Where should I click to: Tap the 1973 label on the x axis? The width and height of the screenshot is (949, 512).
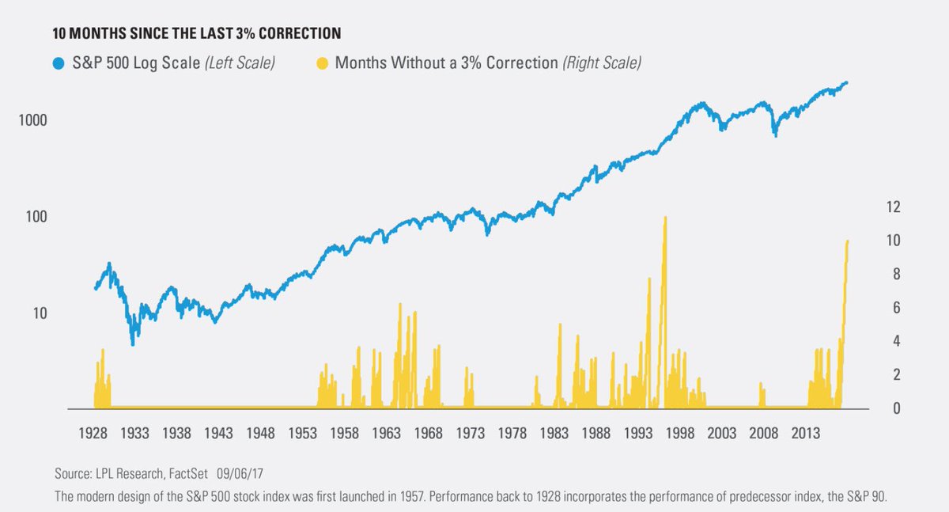coord(471,433)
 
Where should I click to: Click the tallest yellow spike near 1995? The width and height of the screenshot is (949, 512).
coord(664,218)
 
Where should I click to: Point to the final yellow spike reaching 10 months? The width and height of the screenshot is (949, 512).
coord(847,242)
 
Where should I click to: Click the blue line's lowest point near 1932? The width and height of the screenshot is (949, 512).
coord(133,343)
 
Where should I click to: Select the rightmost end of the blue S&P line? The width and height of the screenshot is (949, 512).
coord(847,82)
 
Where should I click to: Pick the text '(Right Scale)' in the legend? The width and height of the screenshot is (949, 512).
coord(601,63)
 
